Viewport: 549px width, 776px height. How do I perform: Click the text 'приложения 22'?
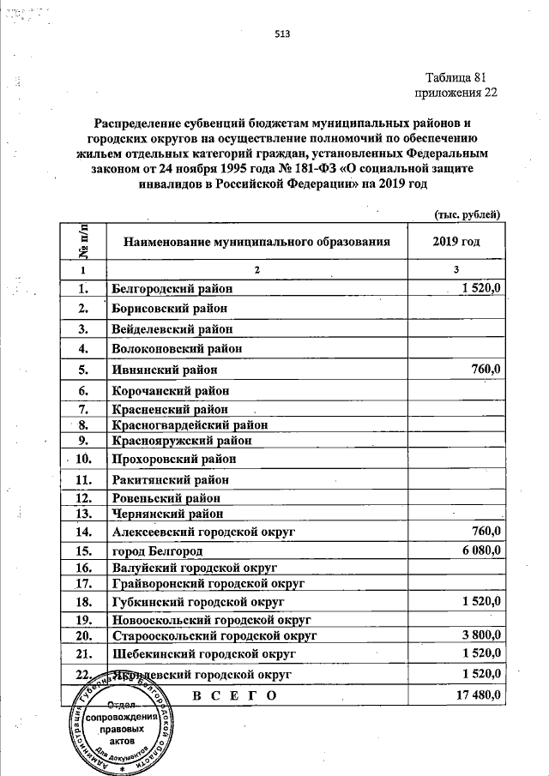point(456,92)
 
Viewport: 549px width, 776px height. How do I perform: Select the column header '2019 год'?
point(457,242)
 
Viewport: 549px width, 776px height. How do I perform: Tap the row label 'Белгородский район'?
point(172,289)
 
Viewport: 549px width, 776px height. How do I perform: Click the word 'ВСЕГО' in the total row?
point(232,695)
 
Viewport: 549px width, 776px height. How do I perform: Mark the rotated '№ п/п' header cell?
point(83,242)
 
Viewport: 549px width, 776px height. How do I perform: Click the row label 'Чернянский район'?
point(167,514)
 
